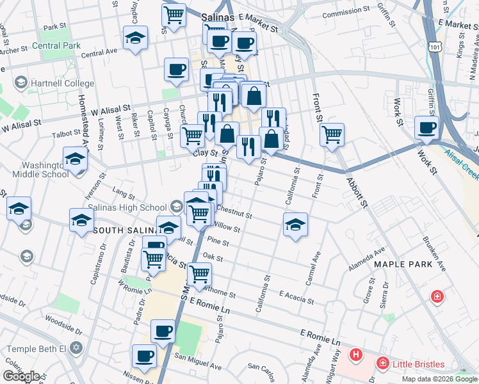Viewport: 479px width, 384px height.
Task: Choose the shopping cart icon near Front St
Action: (332, 135)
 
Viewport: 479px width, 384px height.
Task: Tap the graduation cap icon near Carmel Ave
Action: (295, 225)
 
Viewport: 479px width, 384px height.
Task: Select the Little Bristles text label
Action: (419, 364)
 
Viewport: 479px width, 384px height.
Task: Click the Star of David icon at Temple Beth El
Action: (76, 349)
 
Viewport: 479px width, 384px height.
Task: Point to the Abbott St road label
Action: (357, 192)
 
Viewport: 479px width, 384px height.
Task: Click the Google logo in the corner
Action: (22, 376)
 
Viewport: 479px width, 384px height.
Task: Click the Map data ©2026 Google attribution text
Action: (439, 379)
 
